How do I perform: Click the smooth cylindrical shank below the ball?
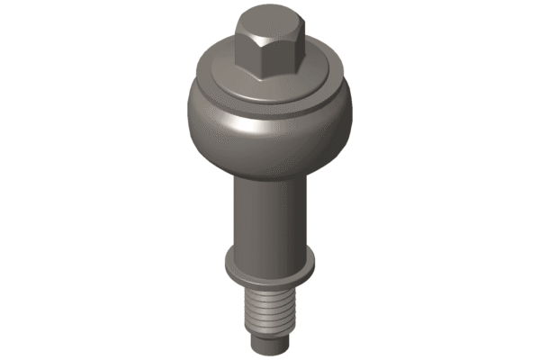click(x=270, y=216)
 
